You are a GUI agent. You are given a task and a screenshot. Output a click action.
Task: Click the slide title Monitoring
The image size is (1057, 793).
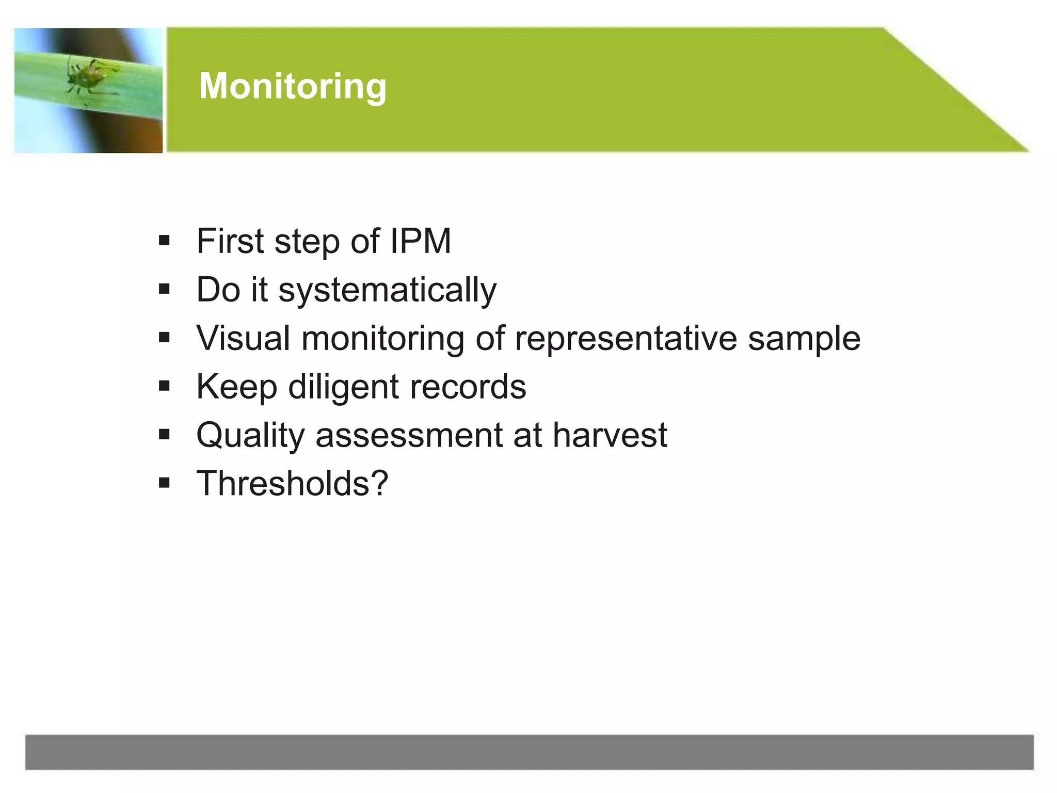(x=292, y=86)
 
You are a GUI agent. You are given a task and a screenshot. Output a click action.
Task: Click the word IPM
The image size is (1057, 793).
(x=420, y=241)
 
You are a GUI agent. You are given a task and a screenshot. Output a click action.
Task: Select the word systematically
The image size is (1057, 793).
(x=387, y=290)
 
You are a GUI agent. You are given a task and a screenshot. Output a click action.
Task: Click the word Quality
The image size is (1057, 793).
(x=251, y=436)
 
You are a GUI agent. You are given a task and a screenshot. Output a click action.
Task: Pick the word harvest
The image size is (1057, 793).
(x=610, y=435)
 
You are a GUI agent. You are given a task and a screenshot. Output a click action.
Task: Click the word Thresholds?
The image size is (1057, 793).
(x=292, y=484)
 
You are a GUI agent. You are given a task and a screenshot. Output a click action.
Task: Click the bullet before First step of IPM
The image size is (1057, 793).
(x=164, y=241)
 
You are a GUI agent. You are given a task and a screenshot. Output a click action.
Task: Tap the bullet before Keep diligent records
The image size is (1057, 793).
(x=164, y=386)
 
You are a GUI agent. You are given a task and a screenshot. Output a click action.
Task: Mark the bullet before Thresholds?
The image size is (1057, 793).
(x=164, y=483)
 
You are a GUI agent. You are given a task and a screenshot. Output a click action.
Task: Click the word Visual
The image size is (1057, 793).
(x=243, y=339)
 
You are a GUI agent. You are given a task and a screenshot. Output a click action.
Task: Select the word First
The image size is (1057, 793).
(x=230, y=241)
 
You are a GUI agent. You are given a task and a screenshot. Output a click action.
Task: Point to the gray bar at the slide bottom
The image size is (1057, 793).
(x=528, y=752)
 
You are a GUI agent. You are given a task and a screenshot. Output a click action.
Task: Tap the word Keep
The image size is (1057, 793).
(x=236, y=387)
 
